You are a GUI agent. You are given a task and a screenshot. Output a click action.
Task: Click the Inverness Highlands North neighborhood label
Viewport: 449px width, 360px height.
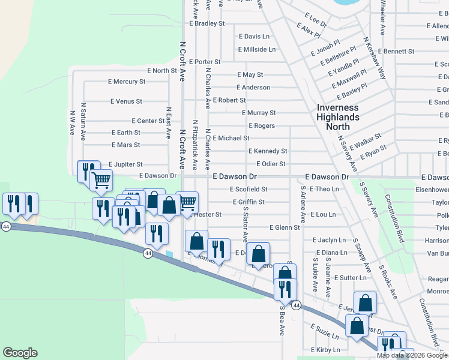tap(338, 117)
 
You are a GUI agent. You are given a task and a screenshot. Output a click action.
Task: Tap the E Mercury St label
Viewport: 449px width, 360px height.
tap(127, 82)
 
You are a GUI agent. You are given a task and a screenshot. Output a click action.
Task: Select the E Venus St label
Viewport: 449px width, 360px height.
tap(127, 101)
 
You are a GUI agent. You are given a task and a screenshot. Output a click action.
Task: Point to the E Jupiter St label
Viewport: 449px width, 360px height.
tap(125, 164)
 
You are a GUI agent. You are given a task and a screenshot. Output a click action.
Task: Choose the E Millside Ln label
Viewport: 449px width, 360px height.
tap(257, 49)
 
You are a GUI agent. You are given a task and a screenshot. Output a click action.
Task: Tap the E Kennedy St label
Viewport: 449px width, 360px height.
tap(268, 151)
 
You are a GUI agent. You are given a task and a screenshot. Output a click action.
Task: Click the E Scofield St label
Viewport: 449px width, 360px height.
tap(249, 189)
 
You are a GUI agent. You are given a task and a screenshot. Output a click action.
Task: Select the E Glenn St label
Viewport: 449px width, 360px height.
tap(285, 227)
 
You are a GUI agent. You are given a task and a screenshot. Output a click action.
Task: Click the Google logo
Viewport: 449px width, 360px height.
tap(20, 353)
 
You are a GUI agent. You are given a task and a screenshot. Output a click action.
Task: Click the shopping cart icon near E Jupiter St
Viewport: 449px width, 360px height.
tap(101, 179)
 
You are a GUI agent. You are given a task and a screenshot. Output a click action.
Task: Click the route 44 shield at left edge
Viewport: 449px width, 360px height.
tap(6, 227)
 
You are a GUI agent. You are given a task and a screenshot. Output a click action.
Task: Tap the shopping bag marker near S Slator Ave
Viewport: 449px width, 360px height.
tap(258, 253)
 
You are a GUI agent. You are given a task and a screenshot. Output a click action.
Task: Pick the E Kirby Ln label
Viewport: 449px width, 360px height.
tap(325, 350)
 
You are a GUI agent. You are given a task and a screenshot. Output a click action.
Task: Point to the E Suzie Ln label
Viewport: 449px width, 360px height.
tap(325, 329)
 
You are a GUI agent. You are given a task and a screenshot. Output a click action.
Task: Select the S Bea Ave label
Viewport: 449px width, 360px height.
tap(281, 321)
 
